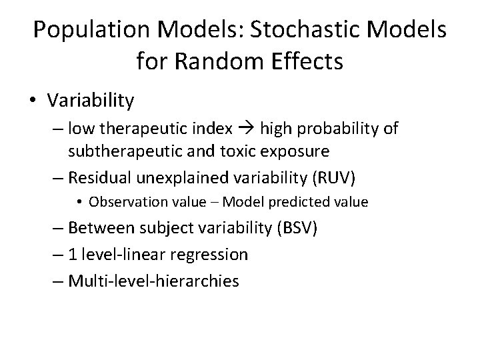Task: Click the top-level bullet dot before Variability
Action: coord(34,101)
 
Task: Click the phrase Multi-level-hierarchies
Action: coord(153,281)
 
